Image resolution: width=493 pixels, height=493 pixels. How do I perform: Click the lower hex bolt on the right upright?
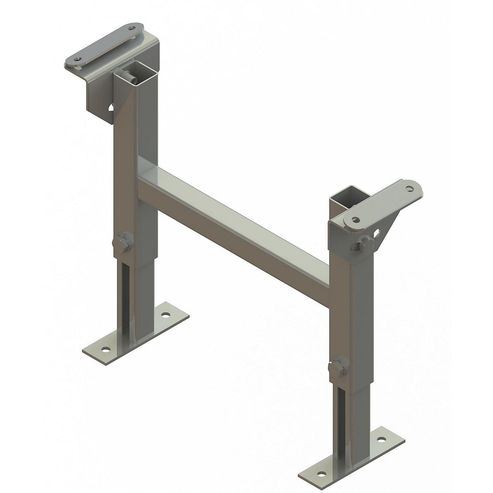[340, 365]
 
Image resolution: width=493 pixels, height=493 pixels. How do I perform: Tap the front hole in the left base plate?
[106, 349]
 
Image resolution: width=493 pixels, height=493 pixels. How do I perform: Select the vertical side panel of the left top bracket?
[99, 101]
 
